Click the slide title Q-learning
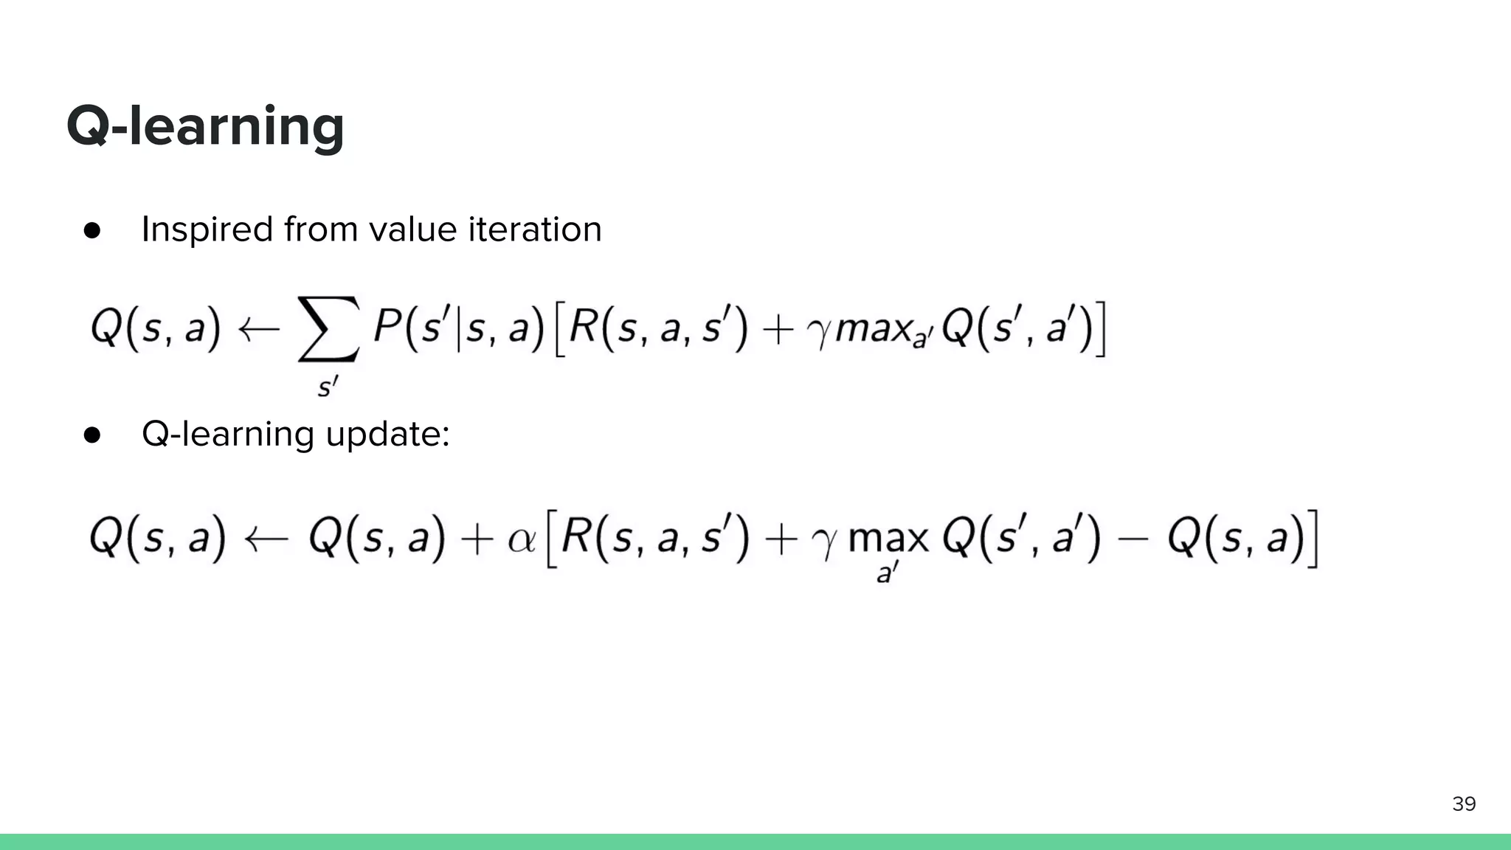[205, 127]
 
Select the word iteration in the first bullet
[534, 229]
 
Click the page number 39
[1464, 804]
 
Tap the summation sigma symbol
[328, 329]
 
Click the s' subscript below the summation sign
[328, 386]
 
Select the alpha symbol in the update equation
[522, 541]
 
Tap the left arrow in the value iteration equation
[258, 328]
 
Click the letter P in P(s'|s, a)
[387, 326]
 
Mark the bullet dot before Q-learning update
[92, 435]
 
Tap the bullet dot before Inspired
[92, 230]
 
